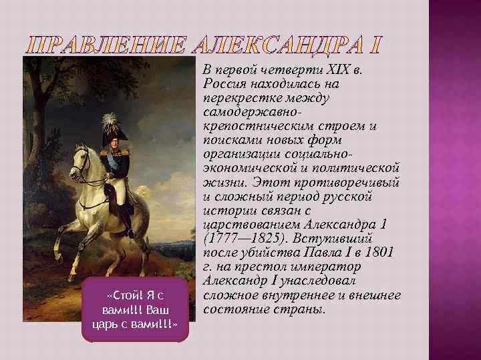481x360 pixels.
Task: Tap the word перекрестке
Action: coord(241,98)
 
